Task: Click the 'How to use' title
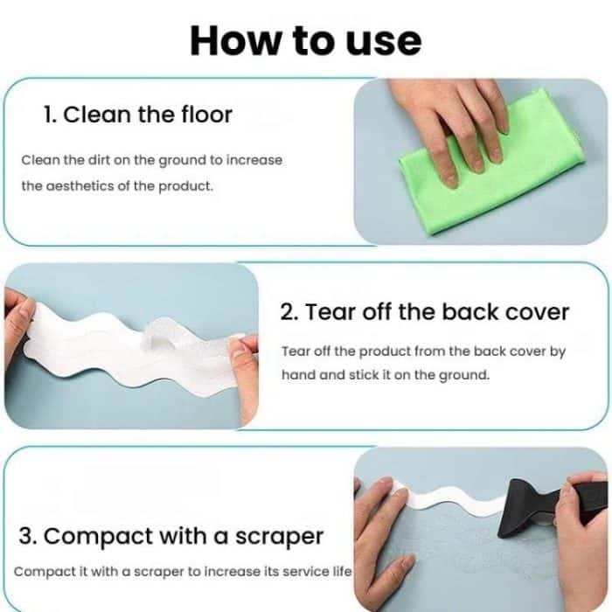(x=305, y=39)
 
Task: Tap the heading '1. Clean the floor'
(x=138, y=115)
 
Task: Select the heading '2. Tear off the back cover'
(x=425, y=312)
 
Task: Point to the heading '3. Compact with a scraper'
(x=170, y=536)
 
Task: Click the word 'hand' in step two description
(x=299, y=374)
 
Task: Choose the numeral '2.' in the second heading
(x=289, y=312)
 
